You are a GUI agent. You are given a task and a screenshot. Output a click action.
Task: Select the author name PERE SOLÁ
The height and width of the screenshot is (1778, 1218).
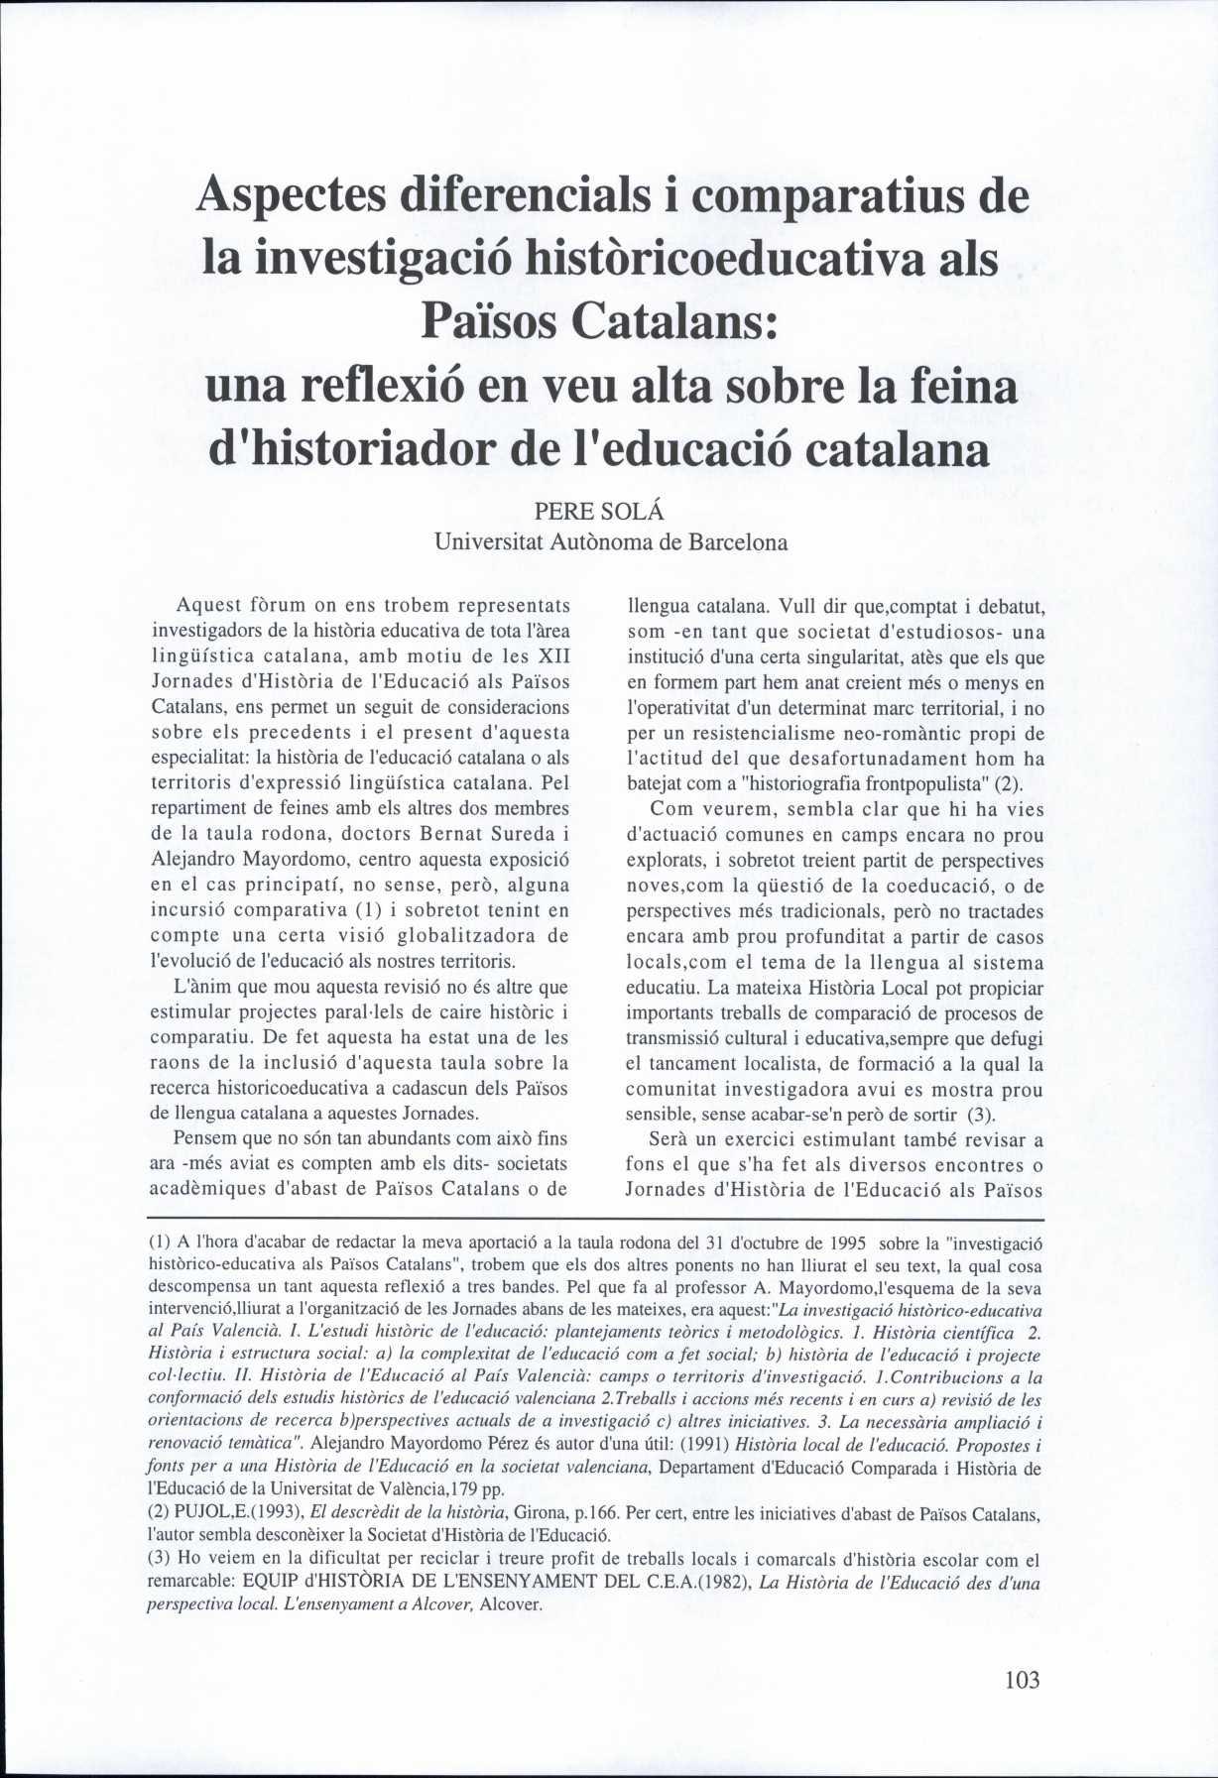pyautogui.click(x=598, y=513)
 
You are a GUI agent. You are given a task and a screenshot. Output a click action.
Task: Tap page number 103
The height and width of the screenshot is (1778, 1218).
pyautogui.click(x=1022, y=1679)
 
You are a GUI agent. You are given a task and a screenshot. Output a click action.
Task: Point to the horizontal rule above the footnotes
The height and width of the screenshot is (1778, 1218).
pyautogui.click(x=595, y=1219)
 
